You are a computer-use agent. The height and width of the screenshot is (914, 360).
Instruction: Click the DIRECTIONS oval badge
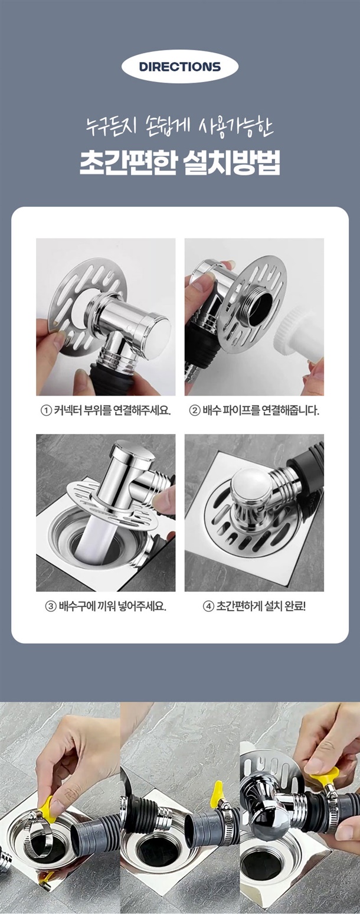click(x=180, y=67)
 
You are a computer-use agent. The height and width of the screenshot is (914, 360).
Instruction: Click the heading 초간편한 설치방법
click(x=180, y=163)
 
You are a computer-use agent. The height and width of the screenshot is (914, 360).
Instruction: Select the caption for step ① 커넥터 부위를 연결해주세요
click(x=106, y=410)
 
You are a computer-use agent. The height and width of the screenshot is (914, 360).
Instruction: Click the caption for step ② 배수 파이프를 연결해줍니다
click(x=254, y=410)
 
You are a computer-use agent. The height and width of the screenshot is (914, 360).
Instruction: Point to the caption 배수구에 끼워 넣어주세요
click(x=106, y=606)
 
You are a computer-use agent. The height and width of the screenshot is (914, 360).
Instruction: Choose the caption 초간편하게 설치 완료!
click(x=254, y=606)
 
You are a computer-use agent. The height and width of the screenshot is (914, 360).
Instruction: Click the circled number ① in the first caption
click(x=46, y=410)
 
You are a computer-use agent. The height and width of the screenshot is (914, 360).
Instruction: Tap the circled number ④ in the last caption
click(x=208, y=606)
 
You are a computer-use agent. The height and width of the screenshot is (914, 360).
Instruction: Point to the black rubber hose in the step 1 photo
click(x=111, y=380)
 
